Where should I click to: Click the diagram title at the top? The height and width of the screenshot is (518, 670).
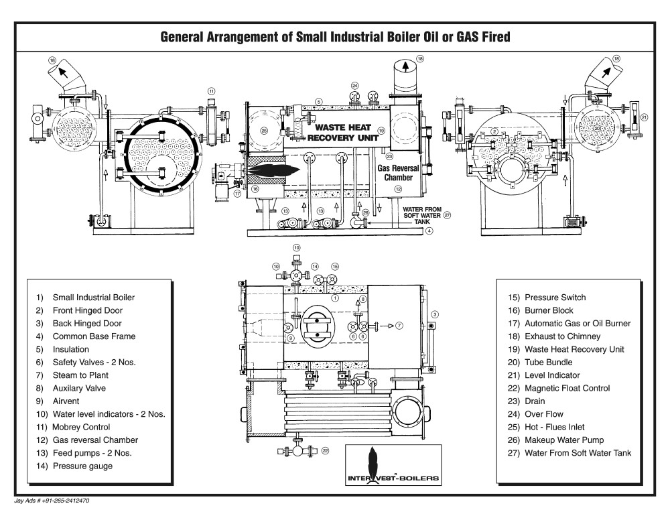click(335, 38)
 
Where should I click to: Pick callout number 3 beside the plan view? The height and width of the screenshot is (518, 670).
click(434, 314)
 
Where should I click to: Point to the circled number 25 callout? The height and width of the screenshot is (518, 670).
click(264, 131)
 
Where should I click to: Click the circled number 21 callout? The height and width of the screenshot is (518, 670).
click(644, 118)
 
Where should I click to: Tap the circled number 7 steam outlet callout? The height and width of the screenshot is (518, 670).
click(399, 326)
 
